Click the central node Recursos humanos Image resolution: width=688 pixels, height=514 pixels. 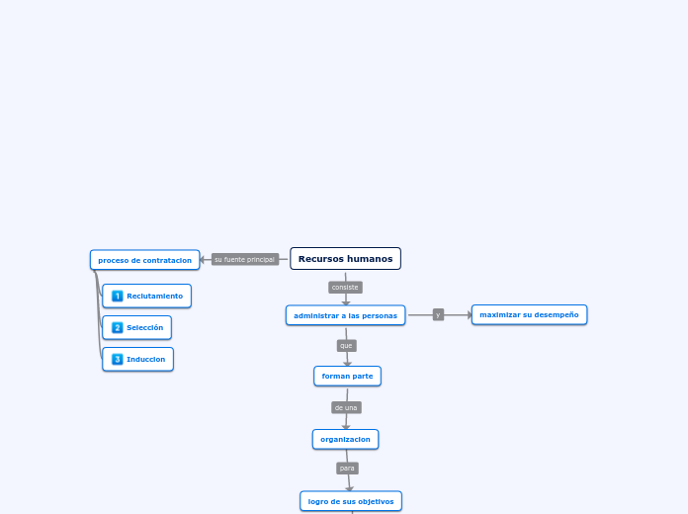pos(345,259)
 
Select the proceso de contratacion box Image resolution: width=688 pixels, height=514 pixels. pos(144,260)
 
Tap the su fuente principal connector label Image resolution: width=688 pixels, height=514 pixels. pos(244,259)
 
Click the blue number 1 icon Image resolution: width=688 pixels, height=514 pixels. pos(118,296)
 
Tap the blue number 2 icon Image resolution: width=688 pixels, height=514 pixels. pos(118,327)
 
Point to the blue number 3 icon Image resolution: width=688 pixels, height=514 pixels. pos(118,359)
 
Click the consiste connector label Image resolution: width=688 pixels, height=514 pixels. pos(345,288)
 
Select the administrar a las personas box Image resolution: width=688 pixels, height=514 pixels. pos(345,315)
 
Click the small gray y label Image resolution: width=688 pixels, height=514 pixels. pos(438,314)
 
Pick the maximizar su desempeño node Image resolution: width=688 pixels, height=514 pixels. pos(529,314)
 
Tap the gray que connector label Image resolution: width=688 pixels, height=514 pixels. pos(346,346)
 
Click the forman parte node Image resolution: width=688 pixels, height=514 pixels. pos(347,376)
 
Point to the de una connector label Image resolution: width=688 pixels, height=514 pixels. pos(346,407)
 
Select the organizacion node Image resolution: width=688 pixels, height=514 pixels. pos(345,439)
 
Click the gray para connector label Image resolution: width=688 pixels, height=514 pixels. pos(347,469)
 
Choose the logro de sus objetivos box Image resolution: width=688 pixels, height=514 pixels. pos(351,501)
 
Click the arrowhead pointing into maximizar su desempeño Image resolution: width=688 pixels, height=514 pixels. pos(471,315)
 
